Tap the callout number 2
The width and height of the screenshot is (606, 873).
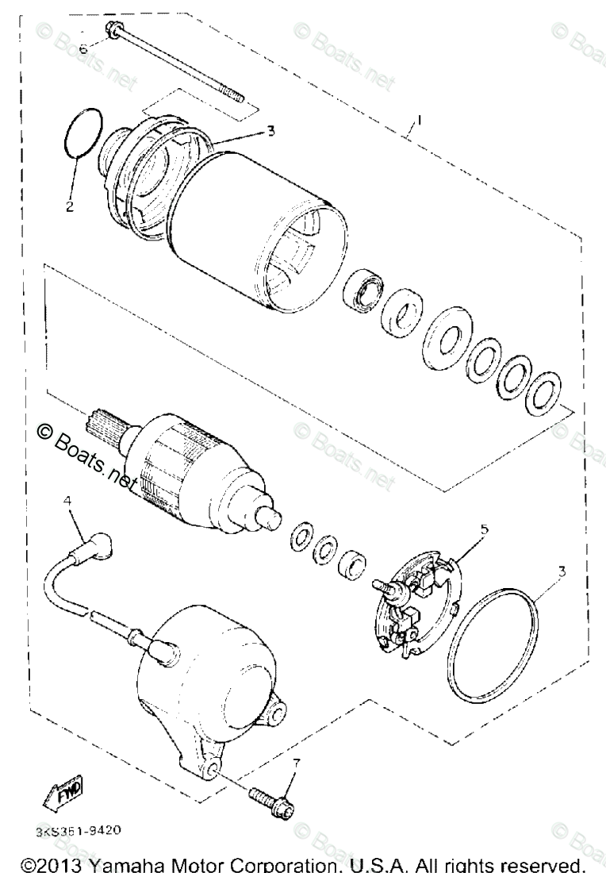(x=69, y=207)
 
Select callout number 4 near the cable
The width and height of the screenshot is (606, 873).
(x=67, y=501)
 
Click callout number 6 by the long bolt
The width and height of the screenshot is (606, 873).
(x=83, y=47)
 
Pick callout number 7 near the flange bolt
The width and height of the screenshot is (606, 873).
(x=297, y=763)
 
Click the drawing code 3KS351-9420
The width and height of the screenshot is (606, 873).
(x=78, y=831)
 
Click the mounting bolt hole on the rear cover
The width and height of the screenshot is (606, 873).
(x=214, y=771)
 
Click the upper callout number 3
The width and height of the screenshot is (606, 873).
(x=270, y=131)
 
